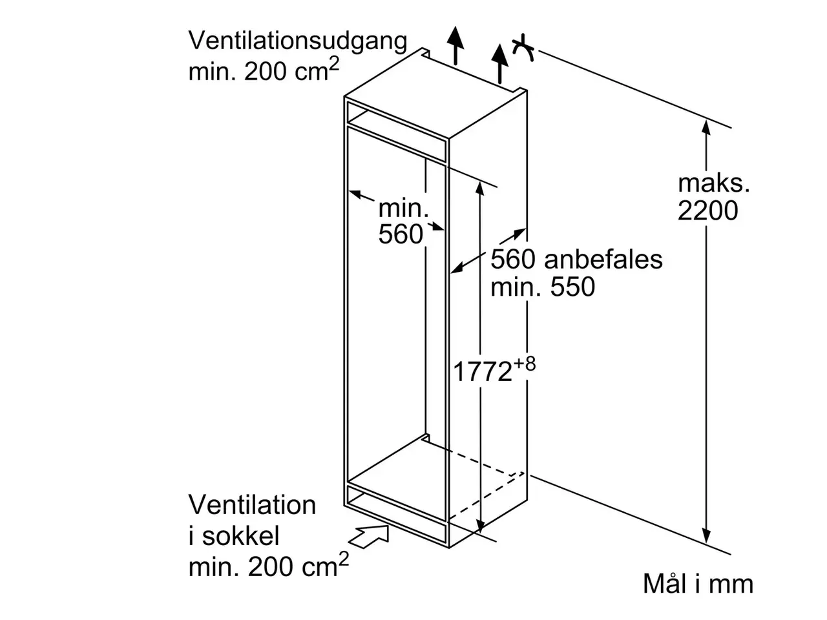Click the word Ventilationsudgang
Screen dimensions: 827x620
coord(298,41)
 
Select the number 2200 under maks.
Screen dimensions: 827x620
coord(707,211)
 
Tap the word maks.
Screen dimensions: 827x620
coord(713,183)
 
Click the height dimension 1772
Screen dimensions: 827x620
coord(482,371)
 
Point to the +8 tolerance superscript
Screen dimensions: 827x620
coord(524,364)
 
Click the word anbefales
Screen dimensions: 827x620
coord(603,260)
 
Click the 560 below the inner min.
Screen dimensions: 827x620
coord(401,234)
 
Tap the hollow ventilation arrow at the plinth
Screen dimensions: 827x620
coord(368,537)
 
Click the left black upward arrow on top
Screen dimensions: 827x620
coord(455,46)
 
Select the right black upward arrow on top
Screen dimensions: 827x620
coord(500,64)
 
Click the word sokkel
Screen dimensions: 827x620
coord(241,535)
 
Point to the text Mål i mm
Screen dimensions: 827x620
coord(698,584)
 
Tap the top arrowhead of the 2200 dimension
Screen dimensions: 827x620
coord(706,127)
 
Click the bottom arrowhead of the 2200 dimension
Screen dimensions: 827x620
coord(706,535)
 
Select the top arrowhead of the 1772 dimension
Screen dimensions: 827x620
coord(479,188)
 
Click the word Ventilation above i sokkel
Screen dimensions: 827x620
coord(252,505)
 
